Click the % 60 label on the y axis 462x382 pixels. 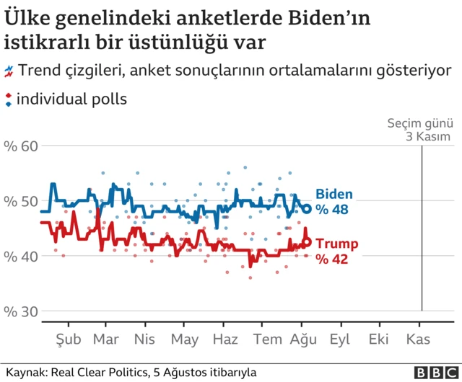(19, 146)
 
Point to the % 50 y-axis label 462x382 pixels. (19, 201)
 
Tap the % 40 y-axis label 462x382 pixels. (19, 256)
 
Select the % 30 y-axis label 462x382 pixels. (19, 311)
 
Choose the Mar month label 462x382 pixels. (107, 338)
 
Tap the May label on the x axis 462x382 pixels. (185, 338)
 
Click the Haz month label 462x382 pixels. (226, 338)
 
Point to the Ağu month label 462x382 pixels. (304, 338)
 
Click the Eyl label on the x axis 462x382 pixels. (341, 338)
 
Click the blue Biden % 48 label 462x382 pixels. (334, 201)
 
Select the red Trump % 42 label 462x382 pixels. (336, 251)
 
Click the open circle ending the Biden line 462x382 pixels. (306, 209)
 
